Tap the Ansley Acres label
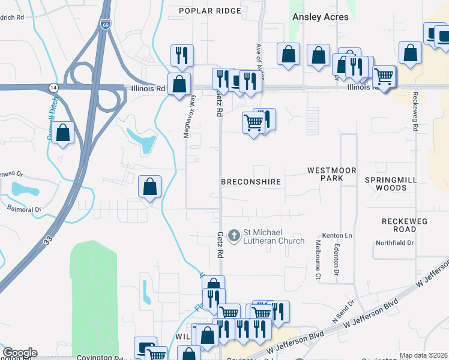(320, 17)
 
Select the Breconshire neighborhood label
(251, 181)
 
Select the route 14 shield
(53, 88)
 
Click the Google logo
(20, 353)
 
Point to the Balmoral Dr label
(24, 210)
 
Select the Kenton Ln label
(337, 235)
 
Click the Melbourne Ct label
(319, 259)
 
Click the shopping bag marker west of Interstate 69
(62, 134)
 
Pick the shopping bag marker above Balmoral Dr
(150, 186)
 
